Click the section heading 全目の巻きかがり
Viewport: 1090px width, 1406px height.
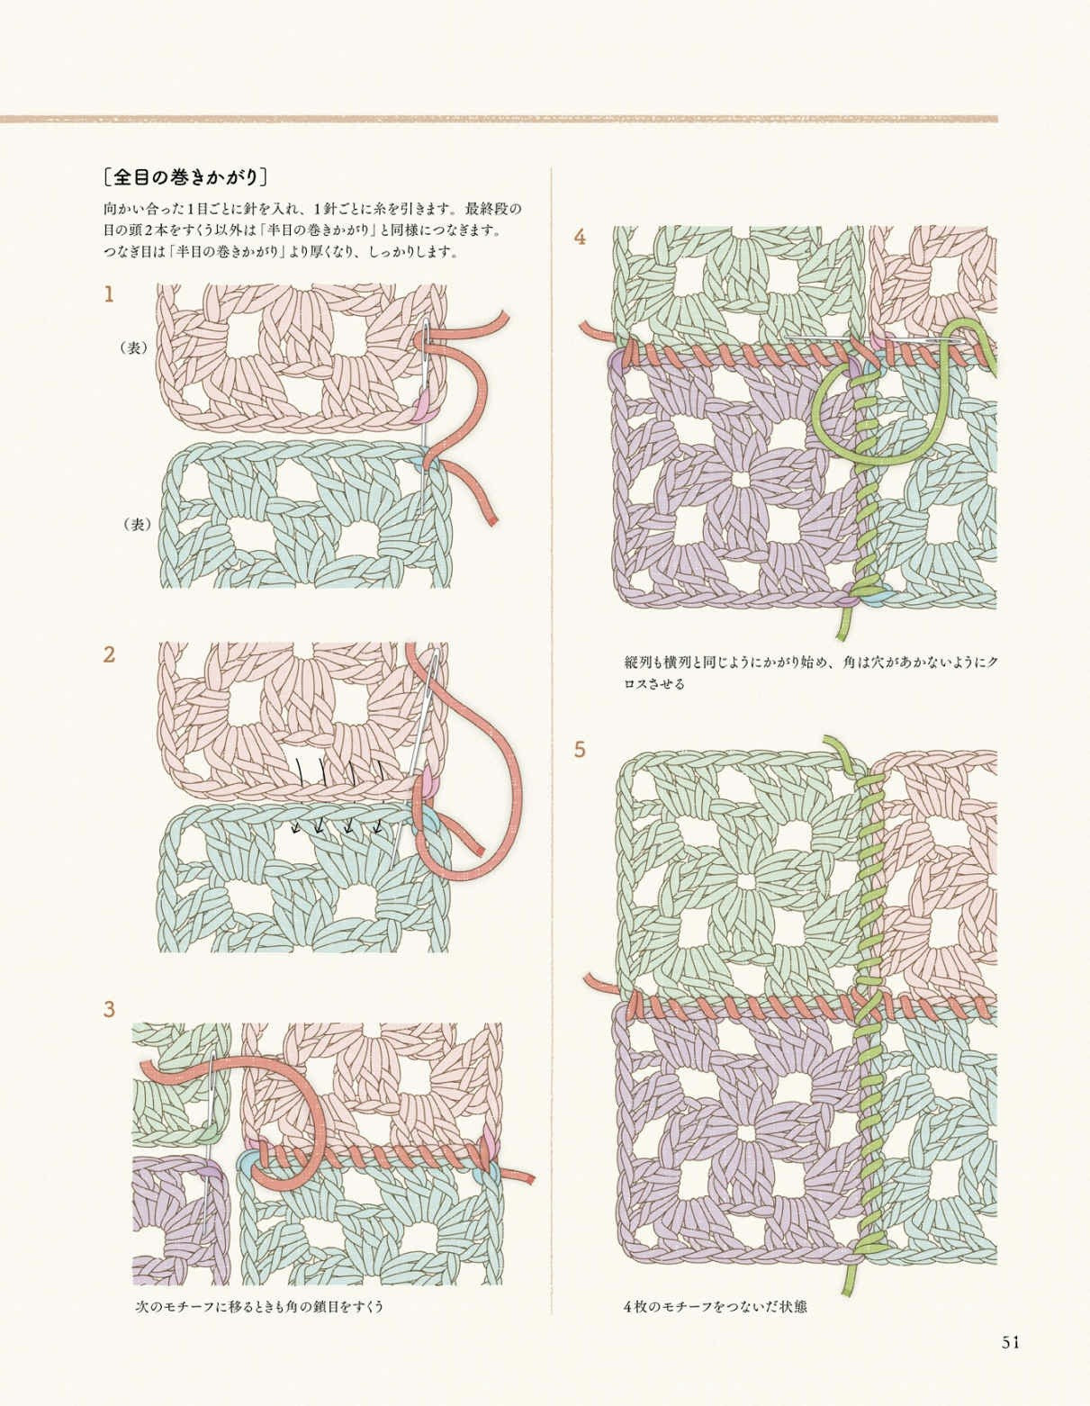(185, 177)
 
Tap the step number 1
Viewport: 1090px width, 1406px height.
(109, 295)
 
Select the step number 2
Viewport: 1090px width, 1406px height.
(109, 654)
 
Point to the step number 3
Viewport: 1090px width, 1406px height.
(109, 1009)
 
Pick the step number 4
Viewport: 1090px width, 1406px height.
(580, 238)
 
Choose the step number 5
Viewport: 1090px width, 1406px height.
(580, 750)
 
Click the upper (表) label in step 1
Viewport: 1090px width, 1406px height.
(134, 348)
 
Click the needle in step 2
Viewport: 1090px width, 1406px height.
(416, 757)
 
